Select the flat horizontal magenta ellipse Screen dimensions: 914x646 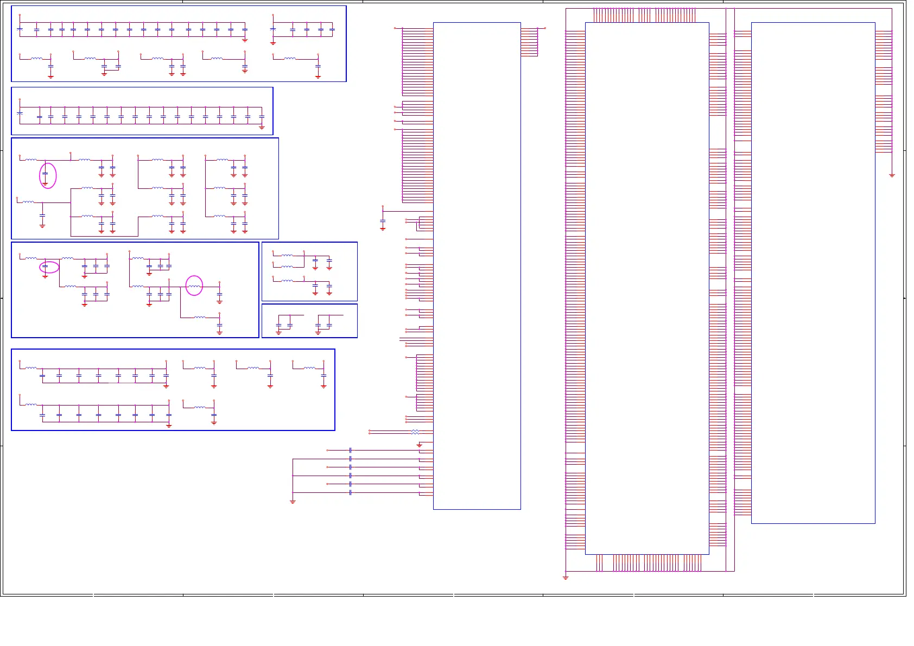pos(49,267)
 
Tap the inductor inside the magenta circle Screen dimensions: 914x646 pos(194,286)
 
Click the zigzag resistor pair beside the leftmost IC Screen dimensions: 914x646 pos(415,432)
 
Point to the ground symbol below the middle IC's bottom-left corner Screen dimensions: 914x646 pos(566,578)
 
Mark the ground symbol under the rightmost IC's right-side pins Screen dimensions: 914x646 pos(892,175)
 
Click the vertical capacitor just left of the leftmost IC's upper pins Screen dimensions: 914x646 pos(383,223)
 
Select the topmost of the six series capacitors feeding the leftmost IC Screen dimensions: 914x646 pos(351,450)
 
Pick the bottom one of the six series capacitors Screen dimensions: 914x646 pos(351,492)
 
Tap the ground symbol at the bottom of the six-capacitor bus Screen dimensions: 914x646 pos(293,502)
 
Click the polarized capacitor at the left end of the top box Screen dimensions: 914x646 pos(20,29)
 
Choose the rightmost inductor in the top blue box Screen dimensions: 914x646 pos(290,58)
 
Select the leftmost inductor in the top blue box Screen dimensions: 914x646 pos(36,58)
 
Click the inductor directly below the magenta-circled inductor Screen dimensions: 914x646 pos(200,317)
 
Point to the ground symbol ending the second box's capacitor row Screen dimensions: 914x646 pos(262,128)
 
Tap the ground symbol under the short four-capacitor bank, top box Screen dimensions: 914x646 pos(273,43)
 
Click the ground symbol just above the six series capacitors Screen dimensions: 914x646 pos(419,445)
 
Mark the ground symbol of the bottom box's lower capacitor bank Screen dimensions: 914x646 pos(169,426)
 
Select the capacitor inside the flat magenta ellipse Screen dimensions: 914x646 pos(45,266)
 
